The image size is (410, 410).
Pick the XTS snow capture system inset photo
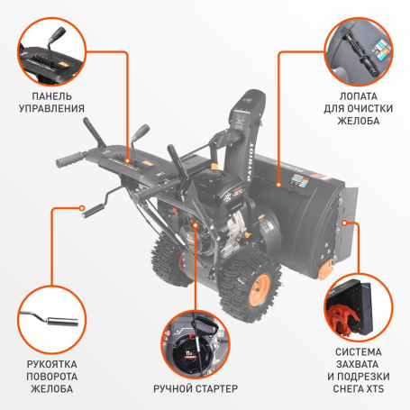coord(355,306)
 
